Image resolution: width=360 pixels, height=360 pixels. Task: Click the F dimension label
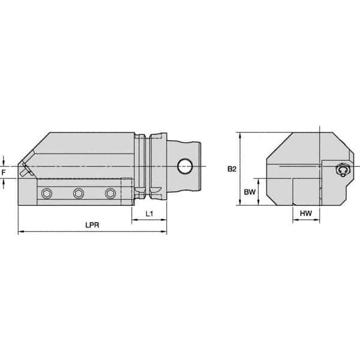tap(5, 172)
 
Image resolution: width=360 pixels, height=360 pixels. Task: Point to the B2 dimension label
tap(232, 170)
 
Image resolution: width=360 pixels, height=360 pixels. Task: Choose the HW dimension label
tap(306, 214)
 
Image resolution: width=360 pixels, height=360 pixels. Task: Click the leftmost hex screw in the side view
tap(47, 193)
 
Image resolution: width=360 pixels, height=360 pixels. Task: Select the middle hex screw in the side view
tap(78, 193)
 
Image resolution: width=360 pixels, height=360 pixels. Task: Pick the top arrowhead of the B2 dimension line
tap(240, 135)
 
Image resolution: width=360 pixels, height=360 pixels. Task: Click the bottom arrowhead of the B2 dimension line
tap(240, 204)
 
